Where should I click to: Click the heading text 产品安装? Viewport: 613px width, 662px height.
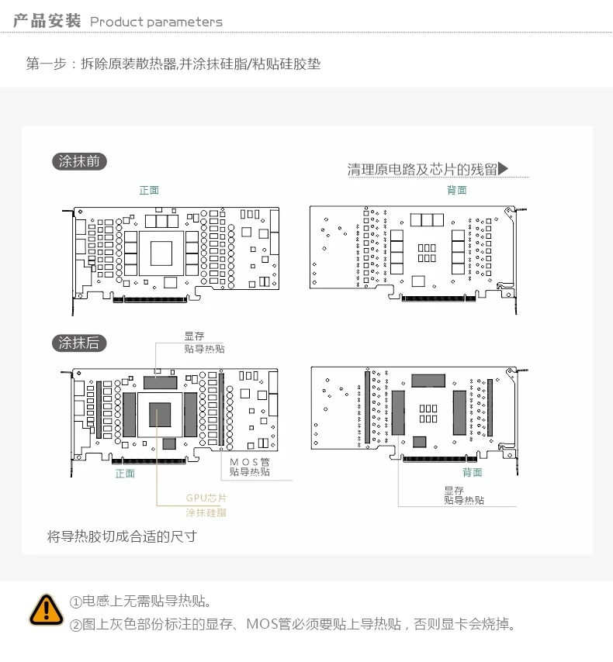click(x=47, y=21)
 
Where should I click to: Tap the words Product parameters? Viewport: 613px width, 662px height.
click(x=156, y=22)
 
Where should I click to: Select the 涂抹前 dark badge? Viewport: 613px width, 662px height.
click(x=79, y=161)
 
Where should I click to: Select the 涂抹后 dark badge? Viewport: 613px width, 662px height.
click(x=79, y=343)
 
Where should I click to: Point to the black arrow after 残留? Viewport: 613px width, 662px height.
click(x=503, y=168)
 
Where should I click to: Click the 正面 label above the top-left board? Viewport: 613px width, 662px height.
click(x=149, y=190)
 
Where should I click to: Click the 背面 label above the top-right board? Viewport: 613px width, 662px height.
click(x=457, y=190)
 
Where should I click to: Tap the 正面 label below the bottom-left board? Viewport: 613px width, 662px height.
click(x=125, y=473)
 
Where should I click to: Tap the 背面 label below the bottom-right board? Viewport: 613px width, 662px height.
click(x=472, y=472)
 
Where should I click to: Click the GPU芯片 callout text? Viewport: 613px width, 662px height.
click(x=206, y=498)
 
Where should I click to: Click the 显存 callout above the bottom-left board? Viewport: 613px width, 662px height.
click(x=194, y=336)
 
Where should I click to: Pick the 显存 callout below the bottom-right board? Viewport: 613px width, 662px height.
click(x=454, y=490)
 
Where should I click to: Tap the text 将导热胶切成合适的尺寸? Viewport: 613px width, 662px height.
click(x=122, y=536)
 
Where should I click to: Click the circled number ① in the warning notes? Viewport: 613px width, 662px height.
click(x=76, y=602)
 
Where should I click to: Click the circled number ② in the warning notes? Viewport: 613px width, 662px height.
click(x=76, y=626)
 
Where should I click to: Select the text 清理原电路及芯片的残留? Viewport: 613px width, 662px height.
click(x=422, y=169)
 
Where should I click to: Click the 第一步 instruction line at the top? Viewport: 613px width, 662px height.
click(x=173, y=64)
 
